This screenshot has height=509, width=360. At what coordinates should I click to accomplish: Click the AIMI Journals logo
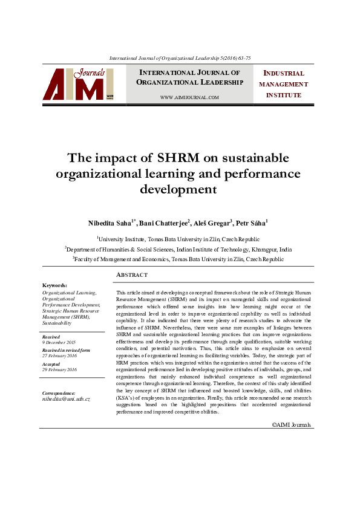[78, 84]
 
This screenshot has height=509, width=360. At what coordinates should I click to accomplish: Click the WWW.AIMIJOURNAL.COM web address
[189, 97]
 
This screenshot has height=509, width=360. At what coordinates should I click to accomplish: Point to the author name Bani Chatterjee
[164, 223]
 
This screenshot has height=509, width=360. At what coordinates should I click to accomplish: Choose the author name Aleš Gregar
[211, 223]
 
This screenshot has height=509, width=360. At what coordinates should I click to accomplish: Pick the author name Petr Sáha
[252, 223]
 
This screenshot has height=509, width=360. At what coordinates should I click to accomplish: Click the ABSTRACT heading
[131, 275]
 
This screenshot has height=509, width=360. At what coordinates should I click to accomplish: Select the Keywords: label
[54, 285]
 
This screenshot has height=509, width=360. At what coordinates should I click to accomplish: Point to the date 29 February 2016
[59, 369]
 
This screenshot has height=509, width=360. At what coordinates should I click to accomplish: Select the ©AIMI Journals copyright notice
[291, 425]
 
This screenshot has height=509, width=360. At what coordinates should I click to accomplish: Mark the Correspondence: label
[59, 393]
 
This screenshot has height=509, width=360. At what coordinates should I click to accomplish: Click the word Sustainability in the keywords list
[57, 323]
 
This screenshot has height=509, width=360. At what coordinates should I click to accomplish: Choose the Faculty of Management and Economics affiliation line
[179, 259]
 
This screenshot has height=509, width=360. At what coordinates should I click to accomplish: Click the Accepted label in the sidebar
[51, 364]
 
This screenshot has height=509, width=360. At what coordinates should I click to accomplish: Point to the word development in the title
[178, 189]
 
